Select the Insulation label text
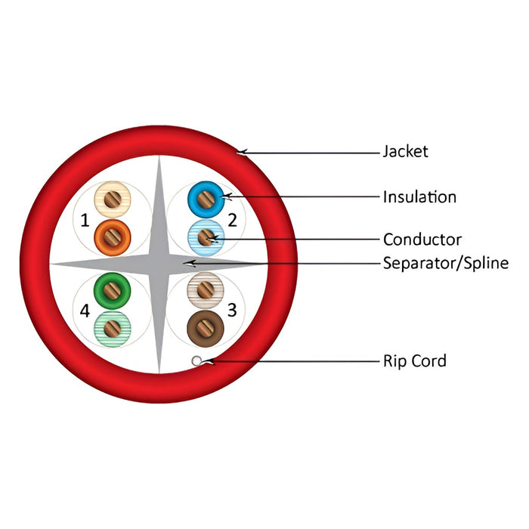(x=419, y=197)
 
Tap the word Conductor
(x=422, y=240)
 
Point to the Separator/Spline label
(x=445, y=263)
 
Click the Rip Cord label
(x=415, y=360)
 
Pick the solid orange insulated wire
(x=113, y=237)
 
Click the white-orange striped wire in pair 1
(x=113, y=200)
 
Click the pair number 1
(x=85, y=221)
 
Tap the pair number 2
(x=233, y=221)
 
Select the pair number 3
(x=233, y=309)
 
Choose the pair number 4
(x=85, y=310)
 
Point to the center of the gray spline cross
(x=159, y=264)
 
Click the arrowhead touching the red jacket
(x=240, y=153)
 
